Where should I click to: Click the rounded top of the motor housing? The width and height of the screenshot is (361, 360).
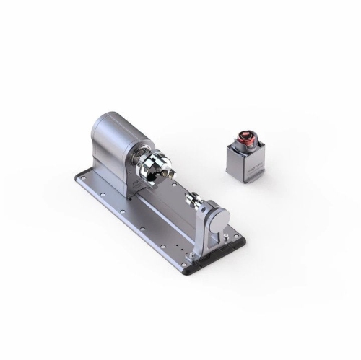point(116,123)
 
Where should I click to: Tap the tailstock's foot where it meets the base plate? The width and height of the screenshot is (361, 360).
point(202,253)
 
